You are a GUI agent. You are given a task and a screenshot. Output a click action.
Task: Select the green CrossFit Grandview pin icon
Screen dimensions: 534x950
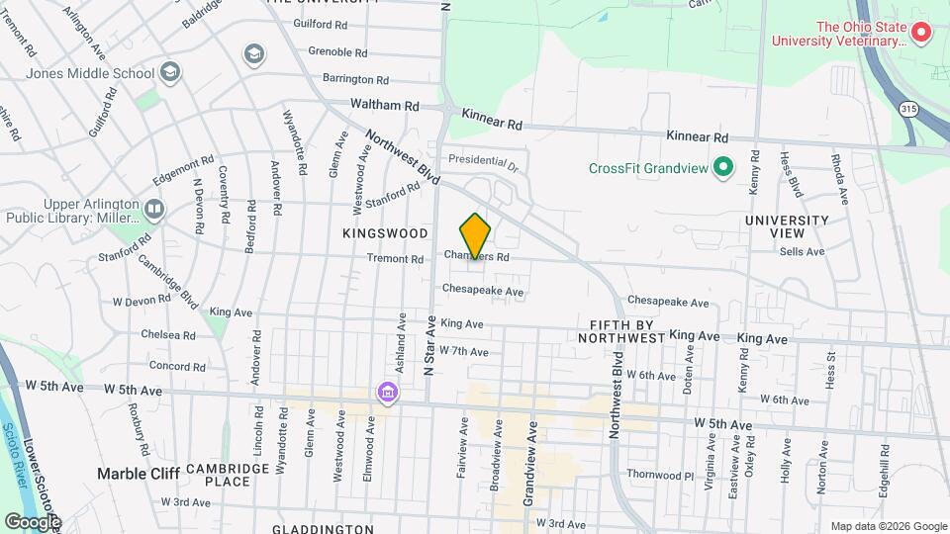(723, 167)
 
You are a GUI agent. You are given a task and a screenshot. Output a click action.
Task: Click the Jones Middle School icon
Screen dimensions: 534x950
(171, 72)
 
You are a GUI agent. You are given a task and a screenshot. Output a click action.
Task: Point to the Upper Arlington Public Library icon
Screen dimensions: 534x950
(153, 209)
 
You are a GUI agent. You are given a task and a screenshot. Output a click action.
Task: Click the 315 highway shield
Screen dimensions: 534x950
(907, 106)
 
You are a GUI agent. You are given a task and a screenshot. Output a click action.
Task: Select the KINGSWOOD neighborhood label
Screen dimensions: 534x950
(385, 233)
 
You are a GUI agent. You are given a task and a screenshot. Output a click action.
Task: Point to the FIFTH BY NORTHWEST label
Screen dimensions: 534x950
(626, 331)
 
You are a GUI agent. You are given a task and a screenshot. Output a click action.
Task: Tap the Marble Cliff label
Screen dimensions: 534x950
(139, 474)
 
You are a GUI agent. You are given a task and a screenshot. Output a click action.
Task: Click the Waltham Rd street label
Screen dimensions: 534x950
(385, 105)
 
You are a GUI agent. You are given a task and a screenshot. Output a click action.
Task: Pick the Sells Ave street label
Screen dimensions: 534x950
(802, 252)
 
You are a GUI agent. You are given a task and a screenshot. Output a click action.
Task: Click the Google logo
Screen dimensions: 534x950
(32, 521)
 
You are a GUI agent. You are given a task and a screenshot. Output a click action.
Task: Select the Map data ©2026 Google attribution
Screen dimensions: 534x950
(888, 526)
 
